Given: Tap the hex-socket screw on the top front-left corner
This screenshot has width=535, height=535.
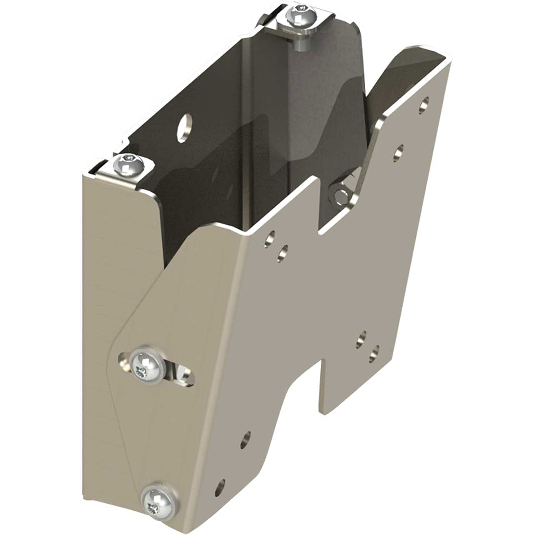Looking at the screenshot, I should pyautogui.click(x=128, y=164).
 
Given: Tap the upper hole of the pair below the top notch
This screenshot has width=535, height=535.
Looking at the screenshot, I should pyautogui.click(x=270, y=238).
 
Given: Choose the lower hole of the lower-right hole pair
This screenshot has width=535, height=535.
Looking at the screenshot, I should pyautogui.click(x=373, y=352).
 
